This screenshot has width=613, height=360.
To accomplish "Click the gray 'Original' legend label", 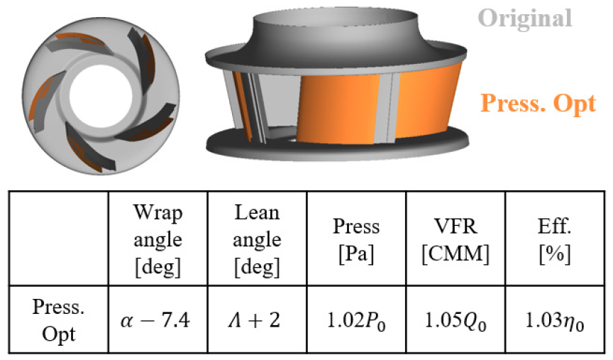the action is click(524, 18).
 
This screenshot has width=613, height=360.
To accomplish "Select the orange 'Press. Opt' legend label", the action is click(538, 104).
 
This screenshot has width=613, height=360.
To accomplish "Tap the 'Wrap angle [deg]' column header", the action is click(158, 239).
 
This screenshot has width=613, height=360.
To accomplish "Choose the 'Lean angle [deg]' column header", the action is click(258, 239).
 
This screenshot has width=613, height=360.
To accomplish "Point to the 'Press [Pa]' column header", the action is click(356, 240).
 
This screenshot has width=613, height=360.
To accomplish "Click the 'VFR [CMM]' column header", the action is click(455, 240).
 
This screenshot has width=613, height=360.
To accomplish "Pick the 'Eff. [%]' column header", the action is click(555, 240).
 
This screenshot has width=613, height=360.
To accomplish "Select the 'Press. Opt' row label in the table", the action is click(59, 320).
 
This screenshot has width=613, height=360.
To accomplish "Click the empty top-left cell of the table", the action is click(59, 239).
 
